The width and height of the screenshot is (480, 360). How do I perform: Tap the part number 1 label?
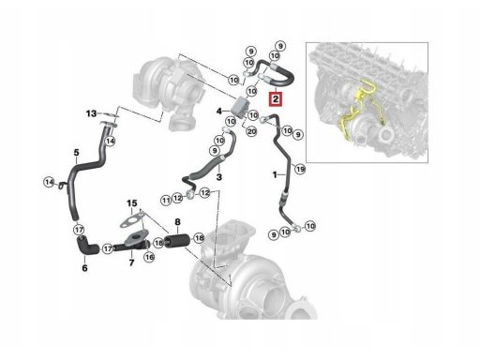point(274,175)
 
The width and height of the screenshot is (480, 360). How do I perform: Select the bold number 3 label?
point(218,175)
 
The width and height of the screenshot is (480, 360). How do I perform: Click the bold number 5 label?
point(76,152)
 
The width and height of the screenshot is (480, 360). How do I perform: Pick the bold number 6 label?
point(84,268)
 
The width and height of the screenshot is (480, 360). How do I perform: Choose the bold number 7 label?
point(131,264)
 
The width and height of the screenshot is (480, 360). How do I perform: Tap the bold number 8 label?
point(176,221)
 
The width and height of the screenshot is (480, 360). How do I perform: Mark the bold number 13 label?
point(92,113)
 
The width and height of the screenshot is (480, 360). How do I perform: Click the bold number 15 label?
point(132,203)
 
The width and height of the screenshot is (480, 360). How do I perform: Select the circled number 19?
point(300,169)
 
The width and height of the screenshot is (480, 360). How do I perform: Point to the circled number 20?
point(251,132)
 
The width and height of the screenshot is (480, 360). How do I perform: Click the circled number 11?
point(166,200)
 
